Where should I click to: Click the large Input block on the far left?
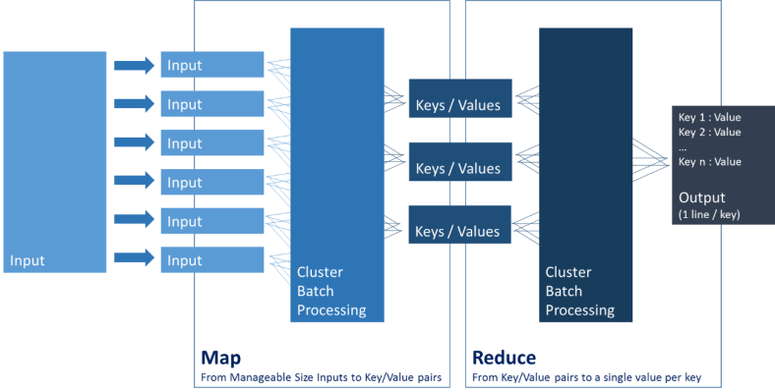click(x=55, y=162)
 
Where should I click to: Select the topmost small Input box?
click(x=211, y=66)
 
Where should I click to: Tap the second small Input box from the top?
click(x=211, y=104)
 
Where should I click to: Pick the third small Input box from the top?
click(x=211, y=143)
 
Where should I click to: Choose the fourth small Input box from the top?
click(x=211, y=182)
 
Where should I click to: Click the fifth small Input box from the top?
click(x=211, y=221)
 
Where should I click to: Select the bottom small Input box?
click(x=211, y=260)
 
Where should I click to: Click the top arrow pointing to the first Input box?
click(x=134, y=66)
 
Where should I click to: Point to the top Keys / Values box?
click(x=459, y=105)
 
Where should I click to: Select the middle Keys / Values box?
click(x=459, y=168)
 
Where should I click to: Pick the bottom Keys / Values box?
click(x=459, y=231)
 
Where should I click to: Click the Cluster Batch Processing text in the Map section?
click(x=331, y=291)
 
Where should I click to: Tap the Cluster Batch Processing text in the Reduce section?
click(x=580, y=291)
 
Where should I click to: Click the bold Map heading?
click(x=220, y=358)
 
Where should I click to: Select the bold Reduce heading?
click(x=504, y=358)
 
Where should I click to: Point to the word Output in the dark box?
click(x=701, y=197)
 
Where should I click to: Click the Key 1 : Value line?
click(x=709, y=117)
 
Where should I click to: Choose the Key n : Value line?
click(x=709, y=161)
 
